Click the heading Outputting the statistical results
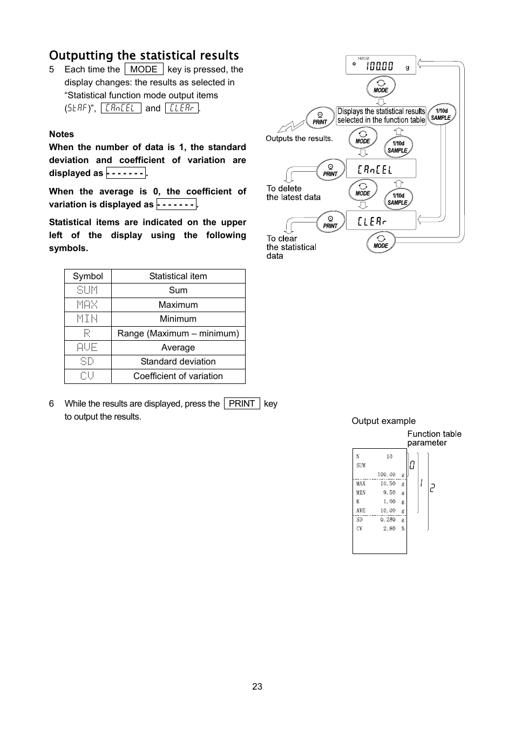coord(144,56)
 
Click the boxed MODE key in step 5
coord(144,69)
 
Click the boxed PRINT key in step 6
coord(241,403)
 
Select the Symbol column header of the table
coord(87,276)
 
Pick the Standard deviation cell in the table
coord(178,362)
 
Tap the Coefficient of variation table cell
coord(178,376)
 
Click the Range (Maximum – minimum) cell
coord(178,333)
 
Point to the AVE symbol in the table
coord(87,347)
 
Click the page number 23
coord(257,686)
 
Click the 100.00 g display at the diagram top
coord(381,65)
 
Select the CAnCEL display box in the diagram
coord(381,169)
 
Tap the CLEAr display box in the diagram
coord(381,221)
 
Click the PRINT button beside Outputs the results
coord(320,118)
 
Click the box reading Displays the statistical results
coord(381,116)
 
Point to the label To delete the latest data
coord(293,193)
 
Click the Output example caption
coord(383,421)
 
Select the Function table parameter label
coord(434,438)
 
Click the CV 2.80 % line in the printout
coord(380,529)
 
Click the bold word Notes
coord(62,134)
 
